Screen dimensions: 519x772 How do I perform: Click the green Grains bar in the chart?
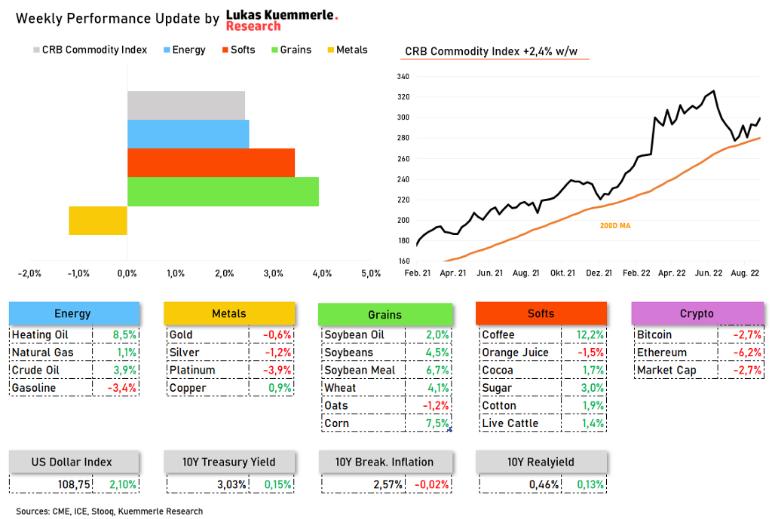223,191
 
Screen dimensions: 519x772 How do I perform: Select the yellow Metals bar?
98,220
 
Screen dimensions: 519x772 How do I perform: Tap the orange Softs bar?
211,163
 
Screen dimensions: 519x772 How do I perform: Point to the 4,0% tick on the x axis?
322,273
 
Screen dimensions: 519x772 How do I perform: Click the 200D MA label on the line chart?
615,225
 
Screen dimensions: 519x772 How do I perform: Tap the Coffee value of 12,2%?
590,334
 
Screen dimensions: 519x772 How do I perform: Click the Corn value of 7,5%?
437,423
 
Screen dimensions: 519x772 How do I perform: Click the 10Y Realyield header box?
541,462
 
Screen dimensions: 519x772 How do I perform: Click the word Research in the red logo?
253,26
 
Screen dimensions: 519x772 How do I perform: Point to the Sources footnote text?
109,511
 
